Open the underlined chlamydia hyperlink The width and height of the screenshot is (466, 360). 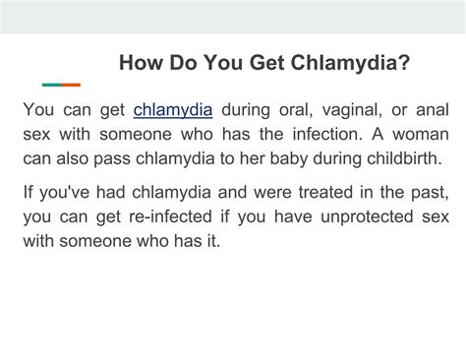(174, 108)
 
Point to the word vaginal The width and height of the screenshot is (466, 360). (363, 108)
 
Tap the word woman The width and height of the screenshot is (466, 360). (420, 134)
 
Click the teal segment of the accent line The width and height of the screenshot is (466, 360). (51, 85)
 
